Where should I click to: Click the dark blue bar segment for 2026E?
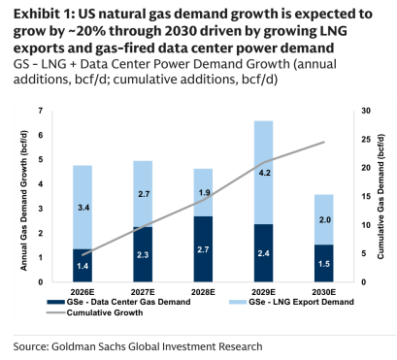[83, 265]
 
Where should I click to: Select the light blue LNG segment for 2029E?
[263, 173]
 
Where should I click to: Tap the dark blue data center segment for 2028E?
[203, 249]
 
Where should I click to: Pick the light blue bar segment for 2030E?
[324, 219]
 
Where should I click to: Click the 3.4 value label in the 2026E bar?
[83, 208]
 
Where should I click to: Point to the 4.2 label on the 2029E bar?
[265, 173]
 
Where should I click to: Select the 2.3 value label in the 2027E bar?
[143, 255]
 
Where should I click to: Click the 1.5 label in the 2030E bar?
[324, 264]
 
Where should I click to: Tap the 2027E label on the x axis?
[143, 292]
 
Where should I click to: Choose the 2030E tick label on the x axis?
[324, 292]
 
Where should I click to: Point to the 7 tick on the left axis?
[41, 111]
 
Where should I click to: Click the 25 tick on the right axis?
[366, 140]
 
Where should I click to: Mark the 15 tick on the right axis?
[366, 197]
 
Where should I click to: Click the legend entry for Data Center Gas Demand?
[118, 302]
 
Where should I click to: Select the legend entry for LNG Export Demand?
[291, 302]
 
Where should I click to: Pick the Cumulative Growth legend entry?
[95, 312]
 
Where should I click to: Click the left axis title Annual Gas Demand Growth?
[24, 201]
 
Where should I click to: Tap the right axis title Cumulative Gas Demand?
[380, 197]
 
